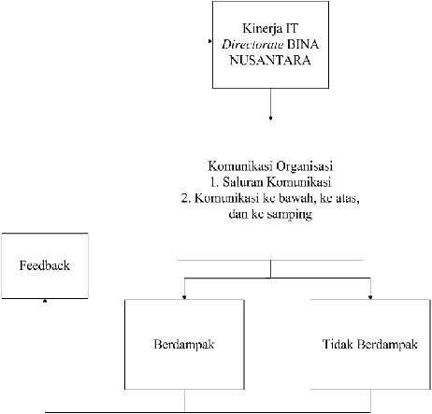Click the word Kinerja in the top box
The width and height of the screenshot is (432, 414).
[259, 29]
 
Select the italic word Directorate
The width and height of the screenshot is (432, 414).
[252, 45]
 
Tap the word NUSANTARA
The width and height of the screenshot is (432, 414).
[270, 60]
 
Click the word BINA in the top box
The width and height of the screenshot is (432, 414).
[303, 45]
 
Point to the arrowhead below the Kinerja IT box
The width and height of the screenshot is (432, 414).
[270, 118]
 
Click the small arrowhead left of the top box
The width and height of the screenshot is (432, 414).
[210, 41]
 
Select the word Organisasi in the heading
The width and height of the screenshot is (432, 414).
[305, 166]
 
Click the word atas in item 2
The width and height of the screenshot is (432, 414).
[348, 199]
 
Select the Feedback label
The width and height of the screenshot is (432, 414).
[45, 265]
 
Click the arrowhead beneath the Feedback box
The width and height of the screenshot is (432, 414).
[45, 301]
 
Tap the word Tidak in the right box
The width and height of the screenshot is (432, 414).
[338, 344]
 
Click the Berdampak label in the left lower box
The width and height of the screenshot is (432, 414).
[184, 345]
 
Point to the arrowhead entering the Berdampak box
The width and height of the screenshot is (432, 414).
[184, 298]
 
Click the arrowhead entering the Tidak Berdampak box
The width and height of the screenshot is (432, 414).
[370, 298]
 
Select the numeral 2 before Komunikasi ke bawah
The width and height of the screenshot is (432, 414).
[184, 198]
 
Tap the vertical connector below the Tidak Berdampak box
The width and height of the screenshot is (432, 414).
[370, 401]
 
